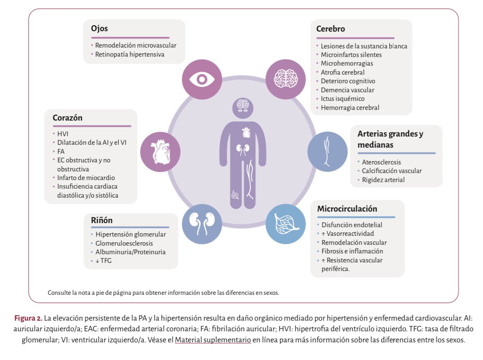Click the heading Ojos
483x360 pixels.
[x=99, y=29]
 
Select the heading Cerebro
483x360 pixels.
[x=330, y=29]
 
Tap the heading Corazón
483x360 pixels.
[x=68, y=118]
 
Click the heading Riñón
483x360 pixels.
[x=102, y=220]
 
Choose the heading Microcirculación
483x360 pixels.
[x=347, y=209]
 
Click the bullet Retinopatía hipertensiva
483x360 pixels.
[x=129, y=54]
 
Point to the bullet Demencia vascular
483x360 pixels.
[x=347, y=90]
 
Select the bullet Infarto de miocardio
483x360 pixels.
[x=86, y=178]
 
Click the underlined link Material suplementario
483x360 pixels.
[x=213, y=340]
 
